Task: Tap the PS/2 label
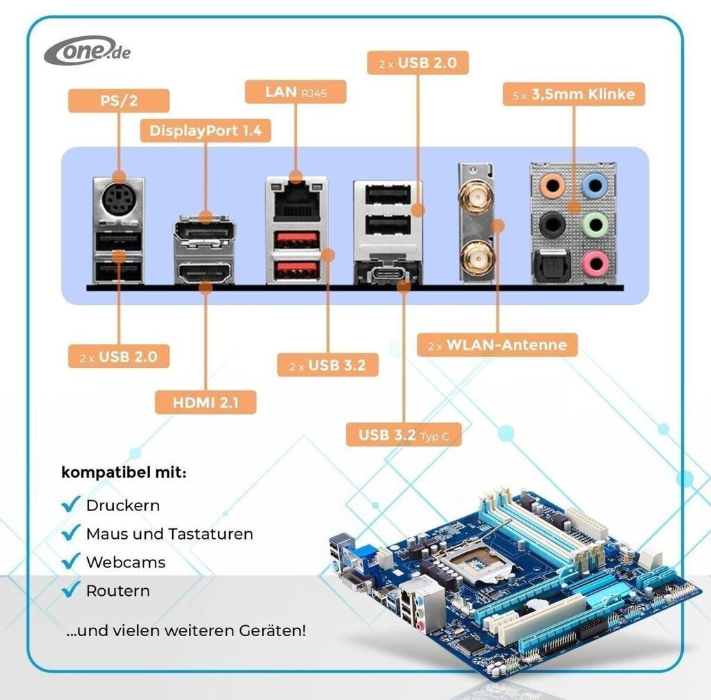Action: tap(118, 100)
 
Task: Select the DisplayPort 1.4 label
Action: tap(206, 131)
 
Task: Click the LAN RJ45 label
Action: tap(296, 92)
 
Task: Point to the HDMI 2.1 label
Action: tap(205, 402)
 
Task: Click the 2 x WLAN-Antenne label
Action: tap(497, 344)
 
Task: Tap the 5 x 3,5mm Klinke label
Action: tap(574, 94)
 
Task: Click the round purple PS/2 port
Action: tap(118, 203)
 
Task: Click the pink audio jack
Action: tap(594, 262)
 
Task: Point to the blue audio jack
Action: tap(594, 185)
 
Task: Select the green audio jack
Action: tap(594, 224)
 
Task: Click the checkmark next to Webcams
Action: tap(71, 561)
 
